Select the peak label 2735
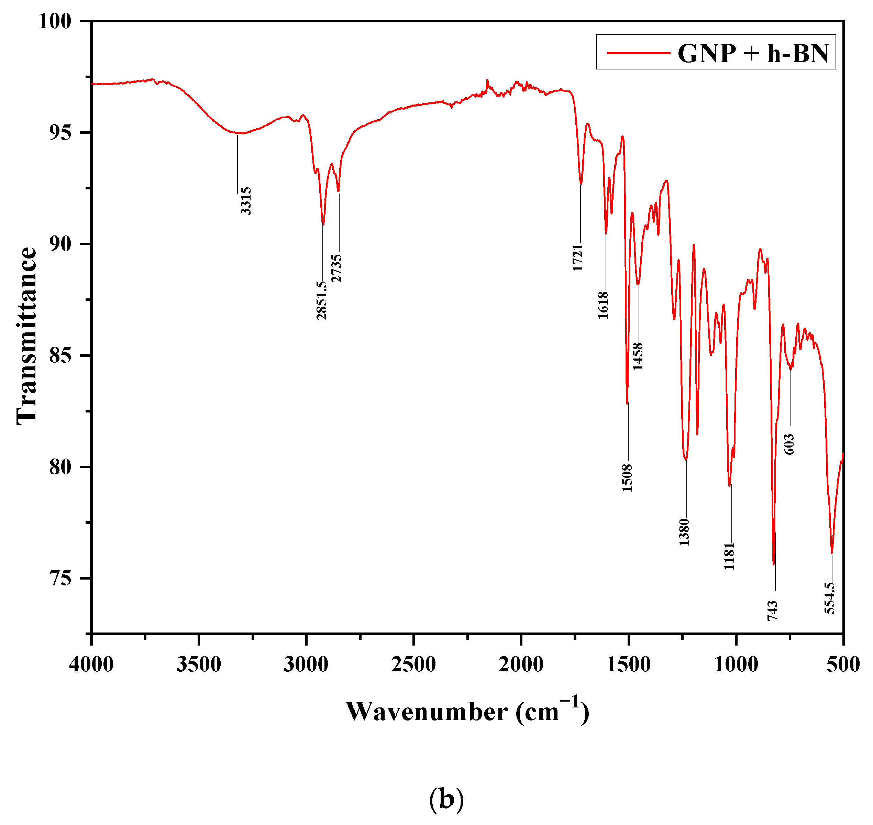point(336,268)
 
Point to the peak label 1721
point(578,258)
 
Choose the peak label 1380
point(684,532)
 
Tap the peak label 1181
point(730,556)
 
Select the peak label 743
point(773,611)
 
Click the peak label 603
point(789,444)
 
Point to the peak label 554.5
point(829,598)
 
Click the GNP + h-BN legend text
point(753,54)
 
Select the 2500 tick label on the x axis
point(413,664)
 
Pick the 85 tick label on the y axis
point(60,355)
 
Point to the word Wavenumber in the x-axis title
point(427,712)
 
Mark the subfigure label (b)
point(446,799)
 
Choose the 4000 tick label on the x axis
point(91,664)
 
